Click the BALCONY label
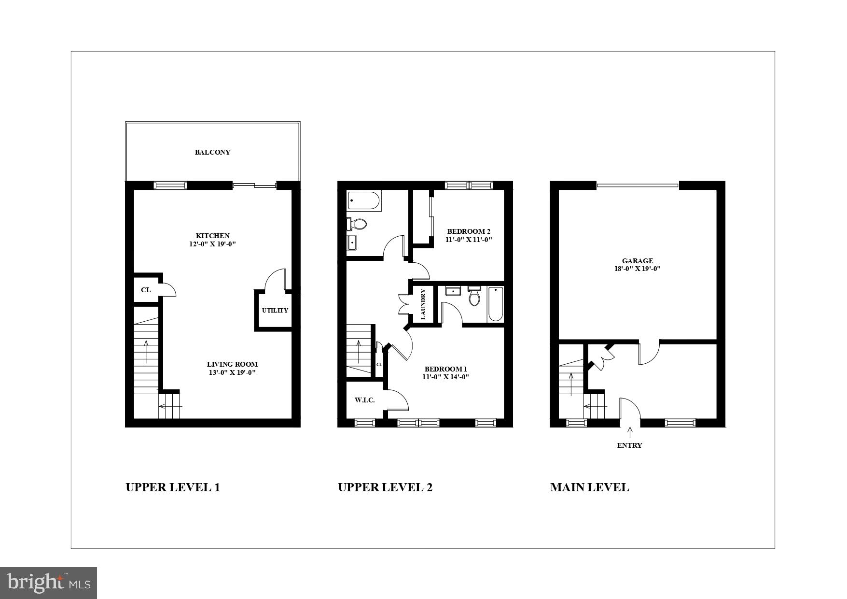[212, 152]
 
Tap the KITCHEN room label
[212, 236]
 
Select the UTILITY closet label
[275, 311]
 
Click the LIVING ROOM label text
[232, 364]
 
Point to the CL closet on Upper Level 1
[146, 290]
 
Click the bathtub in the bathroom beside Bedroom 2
[364, 200]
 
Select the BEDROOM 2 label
[469, 231]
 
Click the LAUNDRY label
[423, 304]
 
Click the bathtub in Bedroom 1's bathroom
[496, 304]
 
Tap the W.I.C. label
[364, 400]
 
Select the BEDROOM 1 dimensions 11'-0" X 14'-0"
[445, 377]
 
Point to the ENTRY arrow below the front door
[630, 432]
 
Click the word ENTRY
[629, 445]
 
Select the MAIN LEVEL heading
[589, 487]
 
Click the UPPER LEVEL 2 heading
[385, 487]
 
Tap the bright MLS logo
[49, 583]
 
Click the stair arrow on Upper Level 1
[146, 352]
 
